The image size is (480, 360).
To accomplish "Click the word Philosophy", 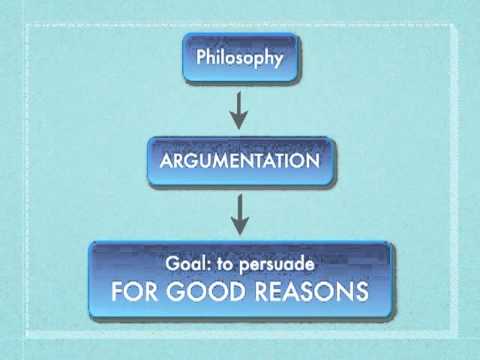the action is tap(240, 58).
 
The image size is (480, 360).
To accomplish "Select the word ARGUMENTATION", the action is tap(240, 161).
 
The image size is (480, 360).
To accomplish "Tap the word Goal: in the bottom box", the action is tap(189, 263).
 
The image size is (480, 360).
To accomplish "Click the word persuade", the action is tap(277, 265).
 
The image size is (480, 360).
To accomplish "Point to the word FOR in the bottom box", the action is tap(134, 291).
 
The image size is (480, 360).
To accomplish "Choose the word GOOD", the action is tap(206, 291).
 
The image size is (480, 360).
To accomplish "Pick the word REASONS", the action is tap(312, 291).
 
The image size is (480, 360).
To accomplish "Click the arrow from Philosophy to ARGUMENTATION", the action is tap(239, 110).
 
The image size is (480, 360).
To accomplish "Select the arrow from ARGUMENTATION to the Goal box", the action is tap(240, 215).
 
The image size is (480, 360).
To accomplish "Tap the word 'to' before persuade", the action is tap(224, 264).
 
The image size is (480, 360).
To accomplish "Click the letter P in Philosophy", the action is tap(201, 57).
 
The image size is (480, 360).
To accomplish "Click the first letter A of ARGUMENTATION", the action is tap(167, 161).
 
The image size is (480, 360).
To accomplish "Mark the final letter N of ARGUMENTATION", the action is tap(313, 161).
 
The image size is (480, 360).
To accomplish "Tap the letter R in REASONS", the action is tap(262, 292).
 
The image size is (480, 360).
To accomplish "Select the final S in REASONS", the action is tap(361, 292).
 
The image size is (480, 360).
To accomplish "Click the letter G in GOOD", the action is tap(176, 291).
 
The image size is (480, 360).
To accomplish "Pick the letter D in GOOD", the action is tap(236, 292).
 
